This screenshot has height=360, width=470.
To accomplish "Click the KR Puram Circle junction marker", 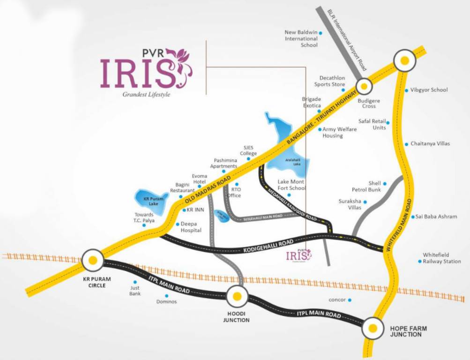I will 93,260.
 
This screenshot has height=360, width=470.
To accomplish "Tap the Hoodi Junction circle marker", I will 237,296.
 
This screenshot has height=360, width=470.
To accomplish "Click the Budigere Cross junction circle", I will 363,86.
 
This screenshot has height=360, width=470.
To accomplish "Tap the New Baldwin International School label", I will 301,38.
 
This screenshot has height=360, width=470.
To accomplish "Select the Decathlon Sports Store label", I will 332,81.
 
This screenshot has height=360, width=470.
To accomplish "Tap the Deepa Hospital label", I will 191,227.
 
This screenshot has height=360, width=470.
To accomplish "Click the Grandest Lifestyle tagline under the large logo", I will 146,94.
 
